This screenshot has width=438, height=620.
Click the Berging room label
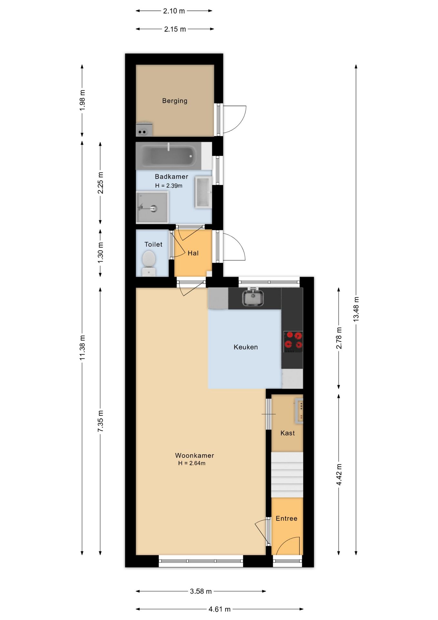click(x=174, y=101)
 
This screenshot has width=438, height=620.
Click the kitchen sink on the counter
click(x=253, y=297)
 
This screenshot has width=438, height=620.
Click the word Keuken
click(x=246, y=347)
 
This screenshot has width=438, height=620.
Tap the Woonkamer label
click(x=194, y=455)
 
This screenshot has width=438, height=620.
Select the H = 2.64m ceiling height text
click(x=192, y=463)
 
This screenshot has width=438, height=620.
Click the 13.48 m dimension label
click(x=356, y=309)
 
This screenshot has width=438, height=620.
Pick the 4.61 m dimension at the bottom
click(x=219, y=609)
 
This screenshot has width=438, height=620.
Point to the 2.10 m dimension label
click(x=174, y=11)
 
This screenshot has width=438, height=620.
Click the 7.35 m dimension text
click(x=100, y=421)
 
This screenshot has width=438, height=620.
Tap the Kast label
click(x=287, y=433)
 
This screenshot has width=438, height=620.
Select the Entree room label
click(x=286, y=518)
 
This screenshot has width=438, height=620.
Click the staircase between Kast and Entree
click(x=287, y=475)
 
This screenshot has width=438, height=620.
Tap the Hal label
click(x=193, y=253)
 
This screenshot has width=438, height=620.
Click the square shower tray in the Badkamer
click(x=152, y=207)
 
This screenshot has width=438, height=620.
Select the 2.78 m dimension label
click(x=339, y=338)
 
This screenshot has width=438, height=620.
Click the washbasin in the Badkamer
click(x=204, y=192)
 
